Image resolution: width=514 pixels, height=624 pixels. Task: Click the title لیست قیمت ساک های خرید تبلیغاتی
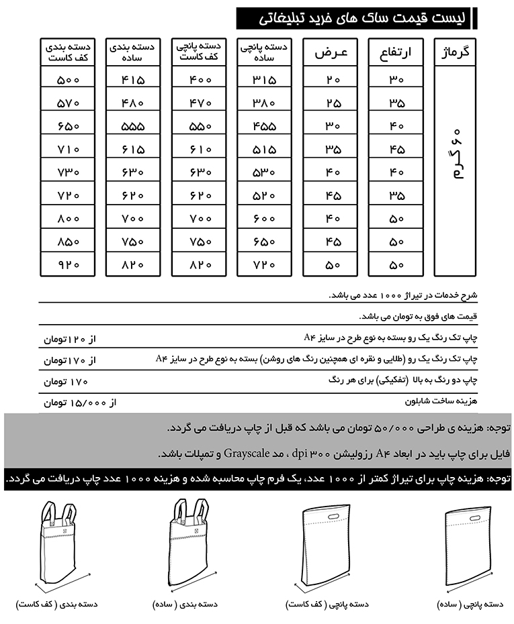[x=355, y=18]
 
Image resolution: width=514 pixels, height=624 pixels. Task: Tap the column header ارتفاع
[x=396, y=52]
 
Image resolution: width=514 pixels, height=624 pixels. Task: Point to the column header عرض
[x=331, y=52]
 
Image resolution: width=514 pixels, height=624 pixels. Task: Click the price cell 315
[x=264, y=79]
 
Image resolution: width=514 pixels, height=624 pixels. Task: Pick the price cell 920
[x=69, y=264]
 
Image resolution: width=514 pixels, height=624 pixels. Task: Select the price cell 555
[x=133, y=125]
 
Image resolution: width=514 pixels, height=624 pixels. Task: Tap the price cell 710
[x=69, y=149]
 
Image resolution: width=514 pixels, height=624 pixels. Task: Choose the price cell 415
[x=133, y=79]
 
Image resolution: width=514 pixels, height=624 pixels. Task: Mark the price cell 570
[x=69, y=103]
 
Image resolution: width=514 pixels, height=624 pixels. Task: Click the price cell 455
[x=264, y=125]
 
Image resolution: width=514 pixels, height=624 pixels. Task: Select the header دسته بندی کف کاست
[x=69, y=52]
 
